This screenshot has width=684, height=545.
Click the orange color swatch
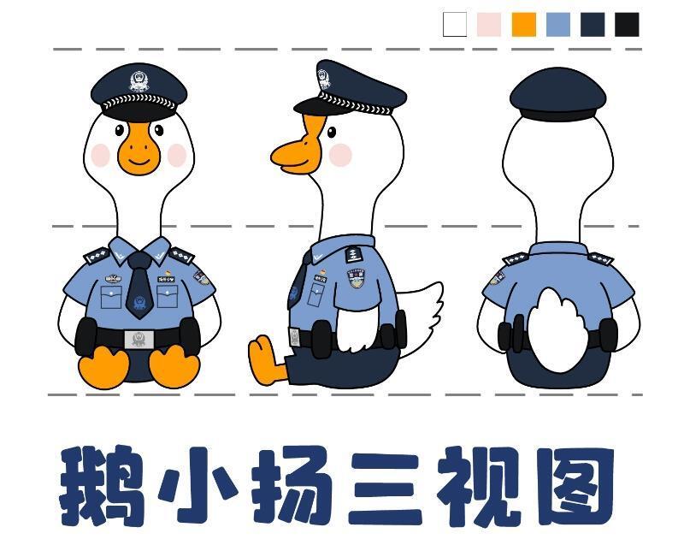(x=524, y=25)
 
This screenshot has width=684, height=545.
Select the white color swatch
(x=455, y=25)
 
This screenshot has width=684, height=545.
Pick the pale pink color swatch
(x=489, y=25)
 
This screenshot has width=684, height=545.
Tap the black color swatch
(x=627, y=25)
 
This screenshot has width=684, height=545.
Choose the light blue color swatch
(x=557, y=25)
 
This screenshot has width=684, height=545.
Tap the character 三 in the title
(x=381, y=486)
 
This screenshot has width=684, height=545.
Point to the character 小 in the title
(x=193, y=486)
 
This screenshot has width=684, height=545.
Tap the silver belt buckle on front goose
(x=138, y=339)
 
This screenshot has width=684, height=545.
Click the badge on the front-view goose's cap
(x=139, y=83)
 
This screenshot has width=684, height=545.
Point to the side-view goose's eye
(x=331, y=133)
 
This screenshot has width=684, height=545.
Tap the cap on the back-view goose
(x=557, y=92)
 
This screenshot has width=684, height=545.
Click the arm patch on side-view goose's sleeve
(x=355, y=278)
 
